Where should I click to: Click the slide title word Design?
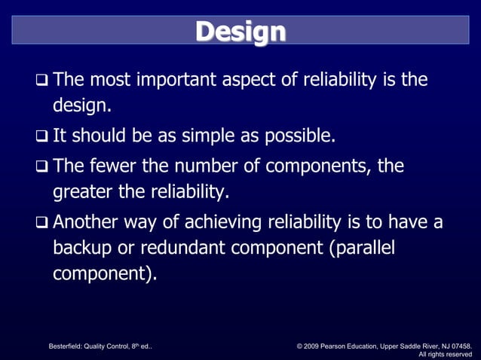[240, 32]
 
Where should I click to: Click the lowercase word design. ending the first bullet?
[81, 106]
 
